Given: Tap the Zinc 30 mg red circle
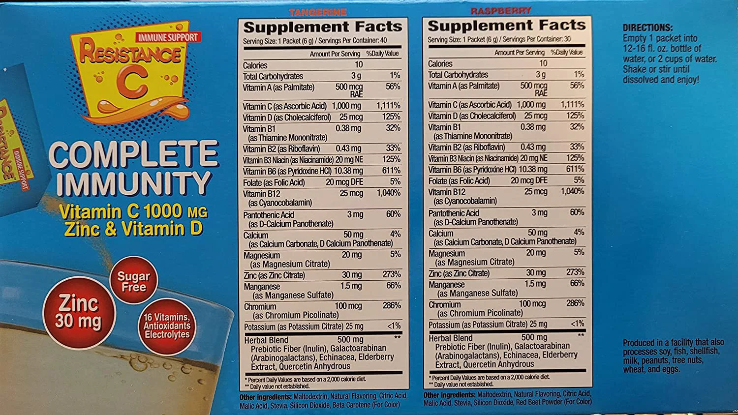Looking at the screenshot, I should click(x=78, y=312).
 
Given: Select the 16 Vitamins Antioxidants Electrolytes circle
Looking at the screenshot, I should click(x=167, y=326).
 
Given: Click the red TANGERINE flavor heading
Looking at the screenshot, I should click(x=318, y=12).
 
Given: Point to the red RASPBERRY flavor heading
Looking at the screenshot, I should click(x=501, y=11).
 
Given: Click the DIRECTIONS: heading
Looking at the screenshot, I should click(x=647, y=28).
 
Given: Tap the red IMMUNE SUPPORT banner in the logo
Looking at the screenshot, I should click(x=168, y=37).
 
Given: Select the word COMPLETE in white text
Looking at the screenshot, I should click(x=133, y=155).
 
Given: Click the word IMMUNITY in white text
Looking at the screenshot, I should click(x=133, y=184).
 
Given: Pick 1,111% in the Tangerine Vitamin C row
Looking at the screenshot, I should click(x=388, y=106).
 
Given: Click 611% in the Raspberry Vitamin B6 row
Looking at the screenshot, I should click(x=575, y=169).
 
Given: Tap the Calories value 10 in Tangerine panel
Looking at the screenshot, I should click(x=359, y=65).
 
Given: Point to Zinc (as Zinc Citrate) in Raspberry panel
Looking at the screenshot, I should click(x=459, y=273).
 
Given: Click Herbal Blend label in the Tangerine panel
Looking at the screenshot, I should click(x=266, y=340).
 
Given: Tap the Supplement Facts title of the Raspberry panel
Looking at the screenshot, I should click(x=507, y=25).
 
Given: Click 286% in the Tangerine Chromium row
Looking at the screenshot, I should click(x=392, y=306).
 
